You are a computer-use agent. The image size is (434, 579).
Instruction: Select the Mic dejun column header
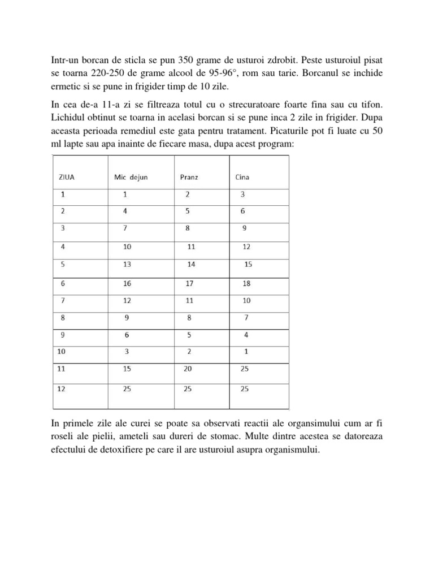click(x=131, y=177)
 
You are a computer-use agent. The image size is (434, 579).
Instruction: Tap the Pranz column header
click(x=189, y=177)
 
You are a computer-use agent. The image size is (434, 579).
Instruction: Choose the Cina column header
click(x=242, y=177)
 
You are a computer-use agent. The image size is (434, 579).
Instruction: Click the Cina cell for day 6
click(x=246, y=283)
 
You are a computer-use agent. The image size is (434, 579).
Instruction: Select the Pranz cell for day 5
click(x=191, y=265)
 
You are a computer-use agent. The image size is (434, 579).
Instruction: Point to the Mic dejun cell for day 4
click(x=127, y=247)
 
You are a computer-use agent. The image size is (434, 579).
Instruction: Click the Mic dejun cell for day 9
click(x=127, y=334)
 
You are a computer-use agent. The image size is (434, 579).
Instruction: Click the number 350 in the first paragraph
click(x=186, y=60)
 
